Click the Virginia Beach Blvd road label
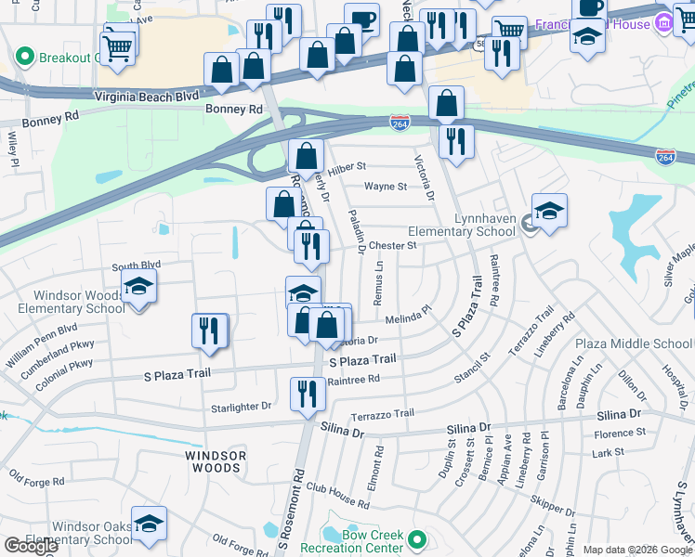pos(147,96)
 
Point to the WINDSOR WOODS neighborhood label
pos(215,461)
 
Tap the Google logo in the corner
pos(31,546)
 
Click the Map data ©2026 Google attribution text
pos(636,550)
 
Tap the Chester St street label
pos(391,246)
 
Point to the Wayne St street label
pos(386,187)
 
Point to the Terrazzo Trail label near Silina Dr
pos(382,414)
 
